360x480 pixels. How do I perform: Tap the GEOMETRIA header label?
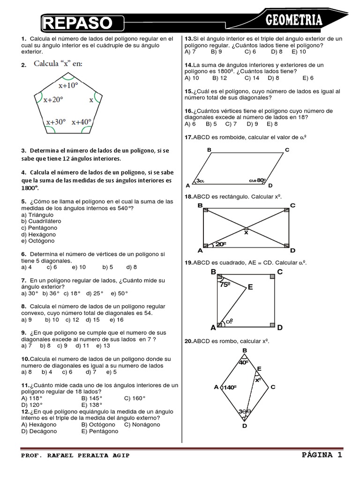pyautogui.click(x=294, y=20)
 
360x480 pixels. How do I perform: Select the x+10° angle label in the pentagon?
pyautogui.click(x=68, y=86)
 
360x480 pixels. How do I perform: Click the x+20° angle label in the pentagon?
pyautogui.click(x=52, y=100)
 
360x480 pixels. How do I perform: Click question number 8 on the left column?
pyautogui.click(x=23, y=306)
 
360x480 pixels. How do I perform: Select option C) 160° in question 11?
pyautogui.click(x=135, y=398)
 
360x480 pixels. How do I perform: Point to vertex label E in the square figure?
pyautogui.click(x=250, y=287)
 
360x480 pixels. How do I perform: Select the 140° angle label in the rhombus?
pyautogui.click(x=229, y=387)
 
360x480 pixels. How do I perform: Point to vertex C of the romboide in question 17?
pyautogui.click(x=287, y=150)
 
